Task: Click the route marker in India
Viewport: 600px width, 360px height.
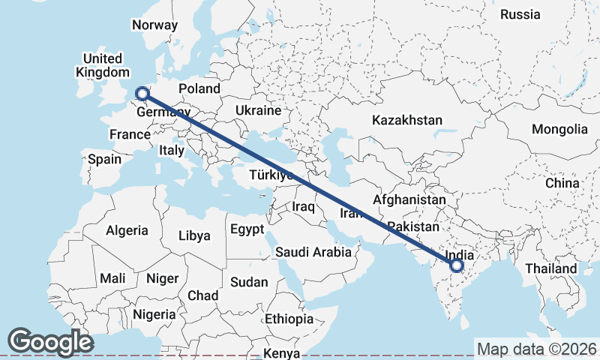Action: point(457,265)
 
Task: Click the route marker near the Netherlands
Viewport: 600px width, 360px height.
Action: point(141,94)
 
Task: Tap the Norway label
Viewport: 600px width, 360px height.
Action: point(154,25)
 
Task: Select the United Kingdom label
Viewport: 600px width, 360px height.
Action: point(103,65)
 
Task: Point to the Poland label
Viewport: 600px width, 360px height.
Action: point(199,88)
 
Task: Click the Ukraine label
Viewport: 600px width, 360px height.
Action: point(257,110)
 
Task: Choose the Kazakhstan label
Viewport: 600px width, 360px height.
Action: point(407,120)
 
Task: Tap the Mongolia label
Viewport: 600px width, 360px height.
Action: point(559,129)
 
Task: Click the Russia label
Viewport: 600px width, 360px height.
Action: point(520,14)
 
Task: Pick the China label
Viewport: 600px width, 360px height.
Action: point(562,183)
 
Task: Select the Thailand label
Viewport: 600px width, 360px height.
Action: point(551,268)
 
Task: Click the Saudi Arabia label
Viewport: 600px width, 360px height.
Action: point(313,252)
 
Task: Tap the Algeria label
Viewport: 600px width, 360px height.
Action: point(127,230)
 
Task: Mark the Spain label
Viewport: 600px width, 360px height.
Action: point(104,159)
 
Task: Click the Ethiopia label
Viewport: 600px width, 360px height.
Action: point(289,319)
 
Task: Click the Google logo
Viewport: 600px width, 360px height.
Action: point(51,342)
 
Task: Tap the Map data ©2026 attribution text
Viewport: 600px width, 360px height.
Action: point(537,349)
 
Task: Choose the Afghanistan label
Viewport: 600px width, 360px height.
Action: point(409,200)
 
